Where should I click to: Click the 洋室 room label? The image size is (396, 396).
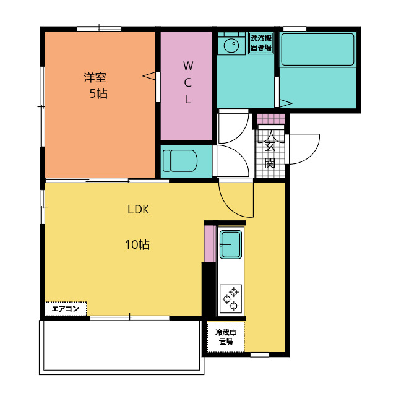click(95, 78)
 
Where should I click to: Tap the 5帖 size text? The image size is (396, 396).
click(98, 94)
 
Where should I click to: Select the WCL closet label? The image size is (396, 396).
click(188, 82)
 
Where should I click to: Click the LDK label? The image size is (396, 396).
click(138, 209)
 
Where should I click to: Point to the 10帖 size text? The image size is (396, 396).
click(137, 244)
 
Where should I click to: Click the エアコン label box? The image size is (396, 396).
click(65, 308)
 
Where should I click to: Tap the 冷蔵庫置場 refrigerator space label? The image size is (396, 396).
click(225, 337)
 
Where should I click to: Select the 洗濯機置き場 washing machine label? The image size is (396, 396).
click(261, 43)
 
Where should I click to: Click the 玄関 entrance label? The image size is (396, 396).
click(270, 155)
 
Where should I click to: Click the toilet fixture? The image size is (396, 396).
click(179, 161)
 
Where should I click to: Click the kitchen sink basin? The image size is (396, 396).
click(231, 244)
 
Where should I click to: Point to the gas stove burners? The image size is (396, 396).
click(231, 298)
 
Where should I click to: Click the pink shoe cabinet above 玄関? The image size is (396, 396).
click(270, 119)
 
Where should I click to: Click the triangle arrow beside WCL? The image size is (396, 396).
click(149, 76)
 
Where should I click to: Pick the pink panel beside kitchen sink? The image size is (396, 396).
click(209, 244)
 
